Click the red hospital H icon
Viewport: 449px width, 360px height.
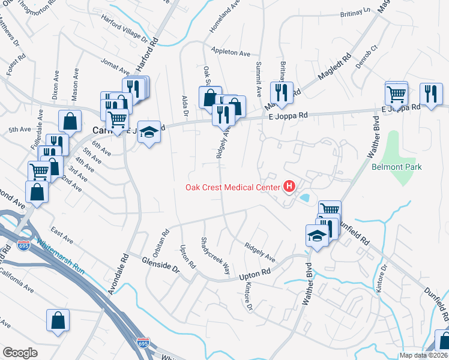(x=289, y=187)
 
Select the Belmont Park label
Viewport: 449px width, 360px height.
(x=396, y=167)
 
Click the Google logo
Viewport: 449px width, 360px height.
(x=20, y=353)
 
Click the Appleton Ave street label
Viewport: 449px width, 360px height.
(x=230, y=53)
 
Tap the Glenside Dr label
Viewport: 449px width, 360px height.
(x=161, y=264)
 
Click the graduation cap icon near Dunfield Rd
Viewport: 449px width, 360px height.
(x=316, y=235)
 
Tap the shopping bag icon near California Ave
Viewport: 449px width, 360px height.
(x=58, y=320)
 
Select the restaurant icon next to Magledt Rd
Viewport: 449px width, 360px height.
(x=281, y=92)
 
